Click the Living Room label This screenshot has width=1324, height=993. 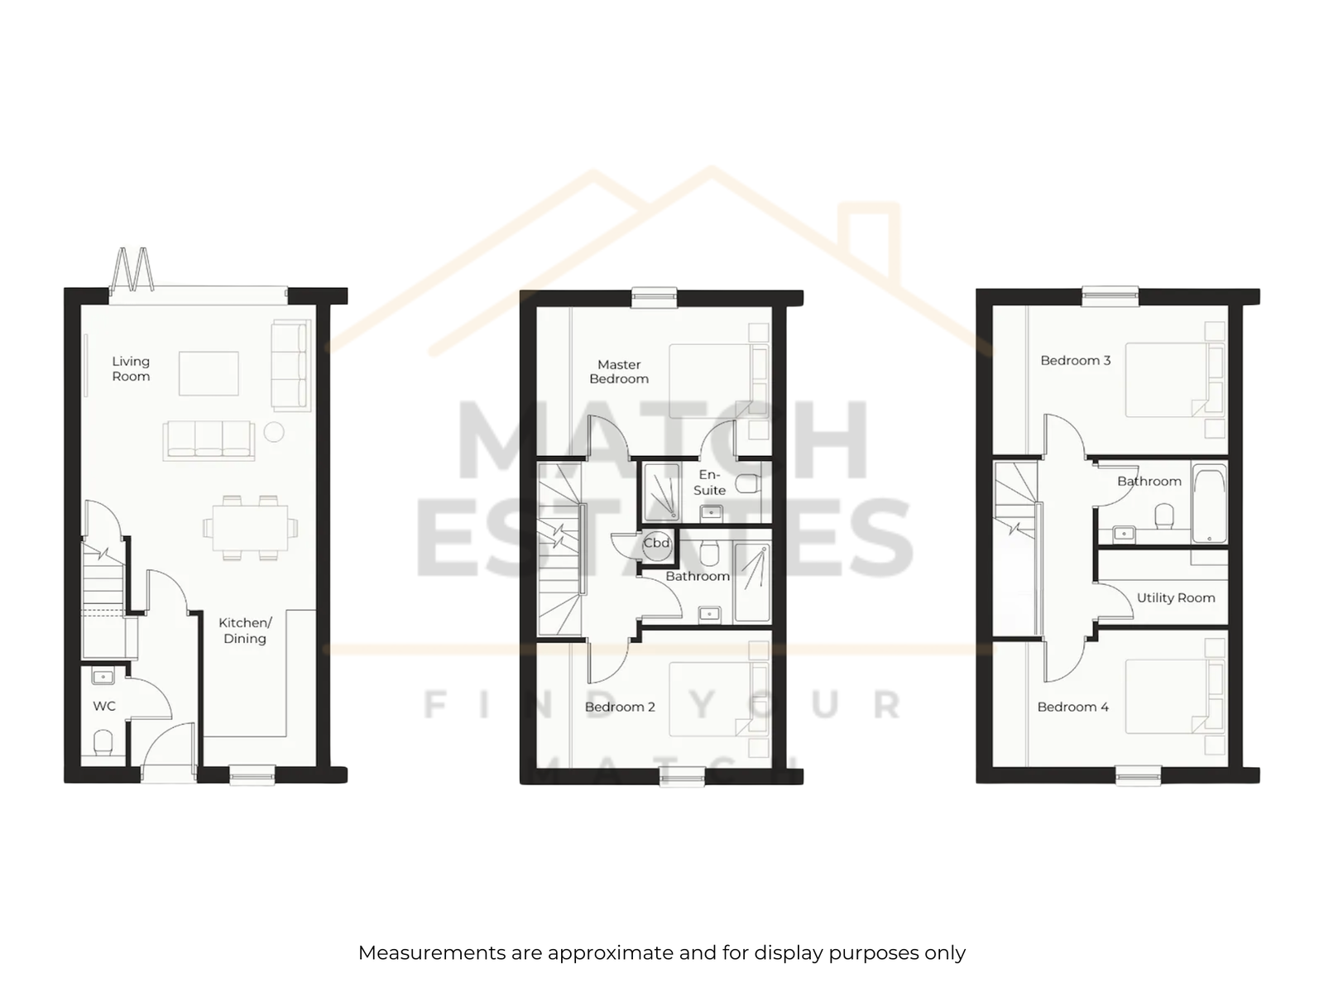tap(131, 368)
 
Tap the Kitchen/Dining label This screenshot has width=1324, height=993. tap(245, 630)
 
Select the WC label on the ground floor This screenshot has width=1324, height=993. tap(104, 706)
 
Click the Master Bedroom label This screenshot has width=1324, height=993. tap(619, 372)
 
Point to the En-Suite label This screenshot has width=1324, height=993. tap(709, 482)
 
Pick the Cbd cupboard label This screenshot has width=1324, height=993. tap(656, 543)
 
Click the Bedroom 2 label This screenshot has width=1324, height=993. tap(620, 707)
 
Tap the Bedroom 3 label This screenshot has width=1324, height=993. tap(1076, 361)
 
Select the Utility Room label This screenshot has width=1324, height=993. tap(1176, 597)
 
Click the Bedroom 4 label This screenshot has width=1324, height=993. tap(1073, 707)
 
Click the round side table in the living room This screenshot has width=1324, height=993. tap(274, 432)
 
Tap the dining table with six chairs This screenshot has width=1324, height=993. tap(250, 528)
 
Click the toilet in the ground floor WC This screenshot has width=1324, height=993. tap(103, 743)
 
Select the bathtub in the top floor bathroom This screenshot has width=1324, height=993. tap(1210, 503)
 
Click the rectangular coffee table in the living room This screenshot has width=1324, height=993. tap(209, 374)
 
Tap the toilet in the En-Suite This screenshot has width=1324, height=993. tap(748, 483)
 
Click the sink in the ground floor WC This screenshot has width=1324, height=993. tap(103, 677)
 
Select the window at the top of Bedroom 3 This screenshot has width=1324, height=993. tap(1110, 296)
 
